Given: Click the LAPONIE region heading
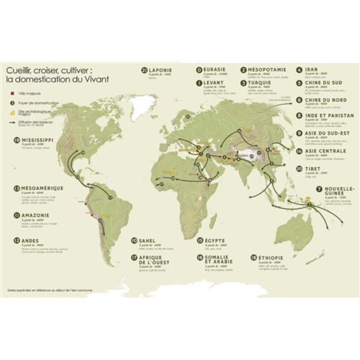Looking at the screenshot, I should coord(161,70).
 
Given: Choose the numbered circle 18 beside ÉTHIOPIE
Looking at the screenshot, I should coord(254,258).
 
